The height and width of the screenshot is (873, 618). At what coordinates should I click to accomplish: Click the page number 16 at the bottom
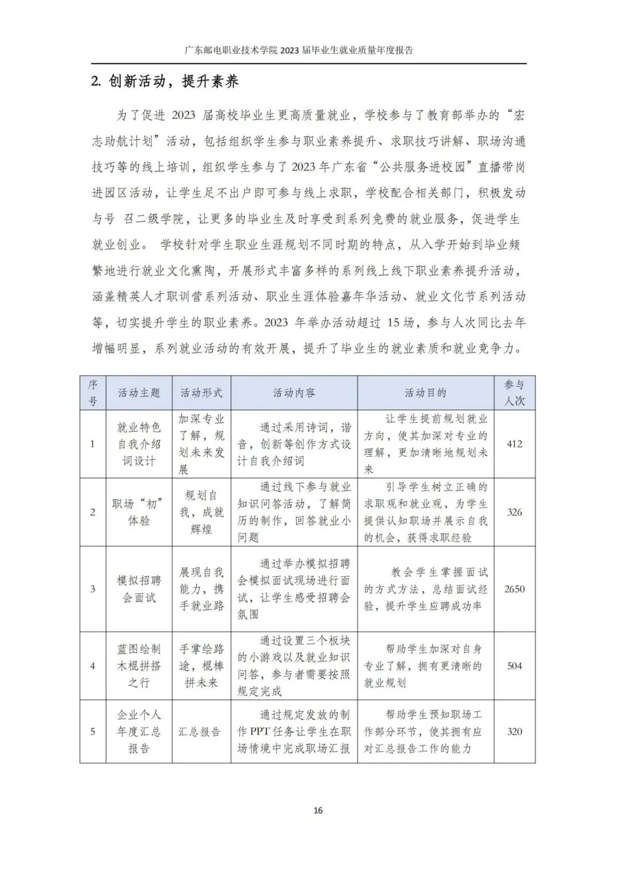pyautogui.click(x=318, y=810)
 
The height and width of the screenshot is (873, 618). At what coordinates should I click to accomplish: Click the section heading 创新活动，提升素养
pyautogui.click(x=165, y=82)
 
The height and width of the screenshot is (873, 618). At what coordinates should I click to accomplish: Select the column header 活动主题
pyautogui.click(x=139, y=393)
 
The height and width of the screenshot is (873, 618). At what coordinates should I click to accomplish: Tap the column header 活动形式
pyautogui.click(x=201, y=393)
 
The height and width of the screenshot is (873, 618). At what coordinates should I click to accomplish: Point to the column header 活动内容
pyautogui.click(x=294, y=393)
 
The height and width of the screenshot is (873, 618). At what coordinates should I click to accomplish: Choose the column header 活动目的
pyautogui.click(x=426, y=393)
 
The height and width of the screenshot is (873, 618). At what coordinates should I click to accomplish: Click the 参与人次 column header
pyautogui.click(x=514, y=393)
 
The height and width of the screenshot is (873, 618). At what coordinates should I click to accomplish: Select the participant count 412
pyautogui.click(x=514, y=444)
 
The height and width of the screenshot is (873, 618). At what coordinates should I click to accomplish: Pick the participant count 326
pyautogui.click(x=514, y=512)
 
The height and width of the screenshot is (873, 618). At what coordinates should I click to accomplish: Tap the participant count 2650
pyautogui.click(x=514, y=589)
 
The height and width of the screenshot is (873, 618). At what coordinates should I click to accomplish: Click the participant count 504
pyautogui.click(x=514, y=666)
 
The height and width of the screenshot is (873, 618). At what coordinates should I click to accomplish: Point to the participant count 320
pyautogui.click(x=514, y=732)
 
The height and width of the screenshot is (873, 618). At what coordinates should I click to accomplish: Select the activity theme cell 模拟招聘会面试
pyautogui.click(x=139, y=589)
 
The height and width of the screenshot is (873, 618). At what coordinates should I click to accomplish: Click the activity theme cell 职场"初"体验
pyautogui.click(x=139, y=512)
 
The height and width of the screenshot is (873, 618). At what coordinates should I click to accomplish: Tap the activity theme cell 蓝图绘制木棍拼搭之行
pyautogui.click(x=139, y=666)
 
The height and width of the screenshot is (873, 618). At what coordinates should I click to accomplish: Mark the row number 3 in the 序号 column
pyautogui.click(x=93, y=589)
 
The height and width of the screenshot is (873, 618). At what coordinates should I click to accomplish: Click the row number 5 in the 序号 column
pyautogui.click(x=93, y=732)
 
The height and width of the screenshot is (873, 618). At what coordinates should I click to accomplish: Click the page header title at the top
pyautogui.click(x=299, y=50)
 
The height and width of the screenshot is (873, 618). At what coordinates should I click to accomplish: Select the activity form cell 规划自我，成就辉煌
pyautogui.click(x=201, y=512)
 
